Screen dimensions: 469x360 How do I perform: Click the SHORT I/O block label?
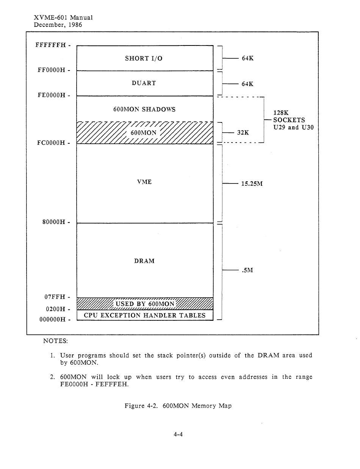tap(144, 58)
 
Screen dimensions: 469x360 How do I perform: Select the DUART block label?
tap(144, 83)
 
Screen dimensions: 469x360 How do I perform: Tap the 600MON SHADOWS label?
tap(144, 110)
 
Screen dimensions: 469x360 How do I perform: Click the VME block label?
tap(144, 182)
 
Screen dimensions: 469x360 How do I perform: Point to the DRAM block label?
tap(144, 261)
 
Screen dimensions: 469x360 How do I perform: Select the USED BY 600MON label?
tap(145, 304)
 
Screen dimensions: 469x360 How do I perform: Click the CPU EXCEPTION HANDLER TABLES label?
tap(145, 315)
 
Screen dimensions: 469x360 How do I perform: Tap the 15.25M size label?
tap(252, 184)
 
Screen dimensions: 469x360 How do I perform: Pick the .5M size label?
tap(247, 270)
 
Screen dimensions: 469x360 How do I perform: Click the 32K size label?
tap(243, 133)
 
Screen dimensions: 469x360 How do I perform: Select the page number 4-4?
tap(178, 435)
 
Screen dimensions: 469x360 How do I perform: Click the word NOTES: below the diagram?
tap(55, 341)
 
